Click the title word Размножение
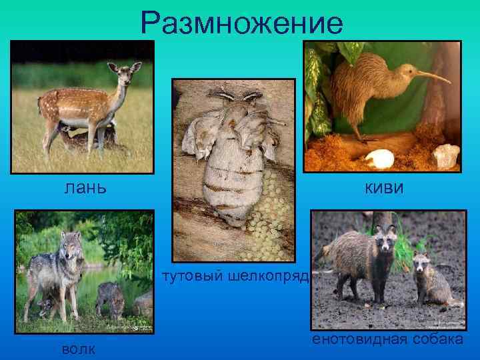pyautogui.click(x=242, y=25)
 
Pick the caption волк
pyautogui.click(x=76, y=349)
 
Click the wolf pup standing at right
pyautogui.click(x=110, y=297)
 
